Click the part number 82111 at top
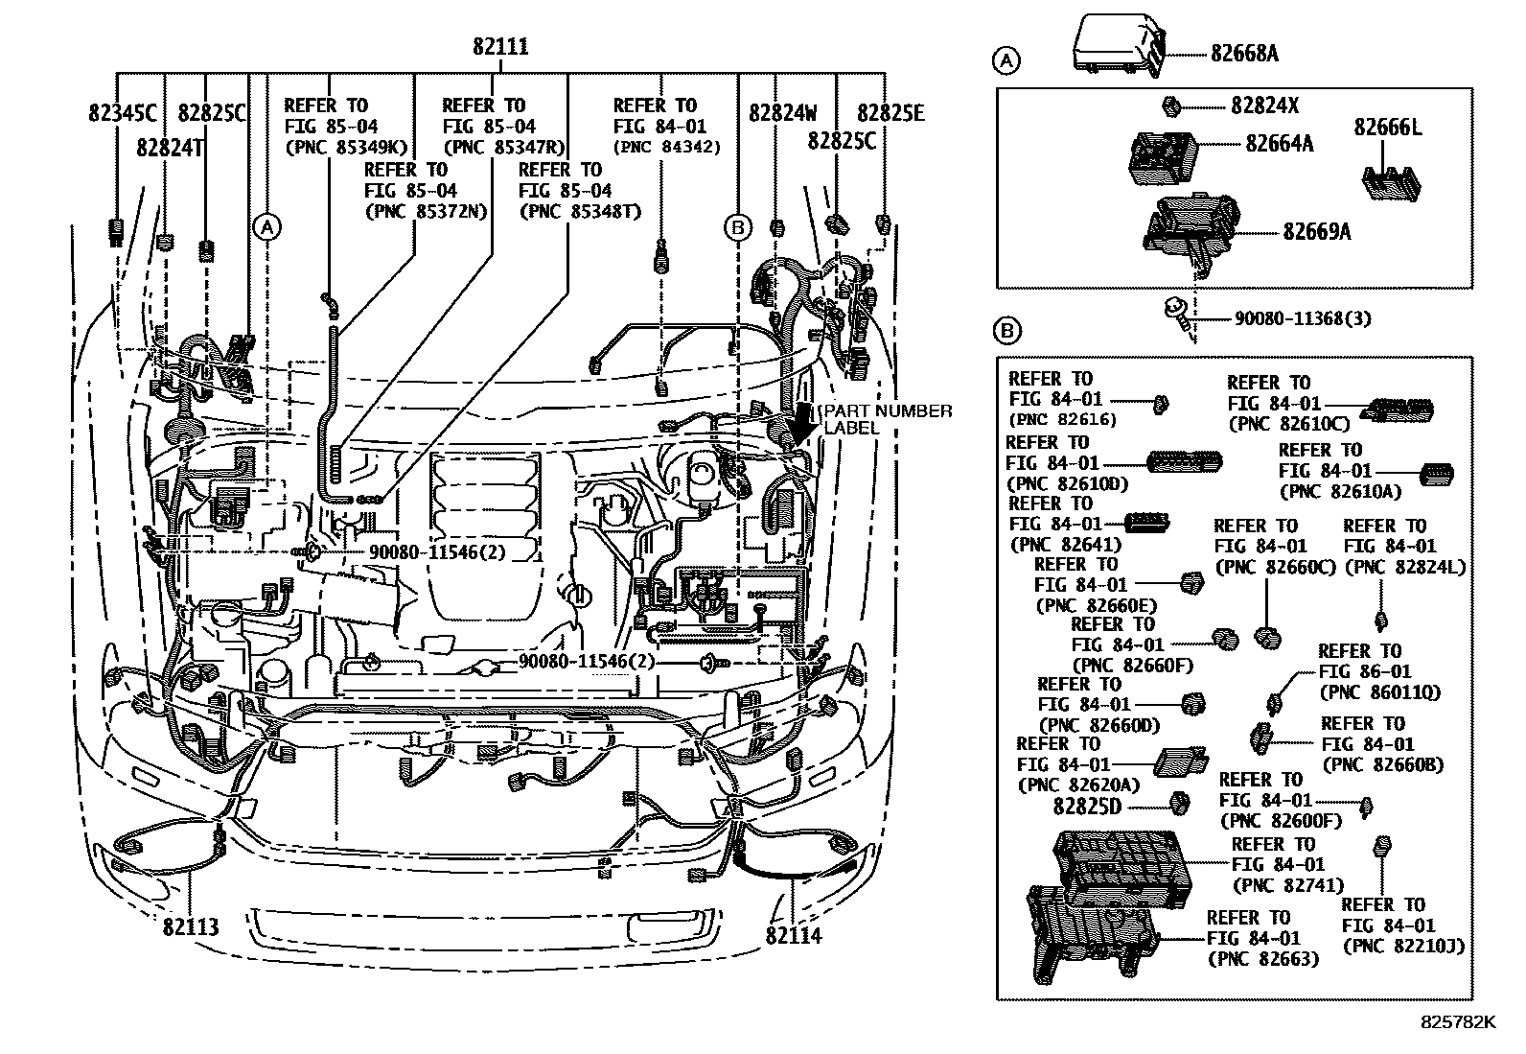click(x=499, y=47)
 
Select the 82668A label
click(x=1243, y=54)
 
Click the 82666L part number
click(x=1388, y=127)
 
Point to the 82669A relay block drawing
click(x=1192, y=228)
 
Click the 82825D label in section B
click(x=1086, y=806)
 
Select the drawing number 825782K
click(x=1457, y=1022)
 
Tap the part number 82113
click(x=191, y=927)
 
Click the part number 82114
click(x=794, y=935)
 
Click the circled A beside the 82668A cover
click(x=1006, y=62)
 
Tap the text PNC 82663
click(x=1262, y=958)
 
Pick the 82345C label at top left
click(x=122, y=113)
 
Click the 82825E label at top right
click(x=890, y=113)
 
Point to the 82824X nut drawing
click(x=1169, y=105)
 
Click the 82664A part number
click(x=1279, y=144)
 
